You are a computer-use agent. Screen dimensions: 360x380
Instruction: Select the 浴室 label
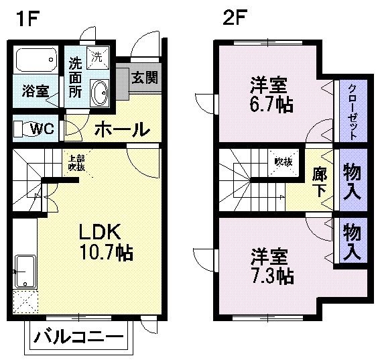coord(35,91)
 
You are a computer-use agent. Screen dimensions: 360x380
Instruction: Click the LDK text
coord(100,232)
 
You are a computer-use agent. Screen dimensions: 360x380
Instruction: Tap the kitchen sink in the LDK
coord(25,271)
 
